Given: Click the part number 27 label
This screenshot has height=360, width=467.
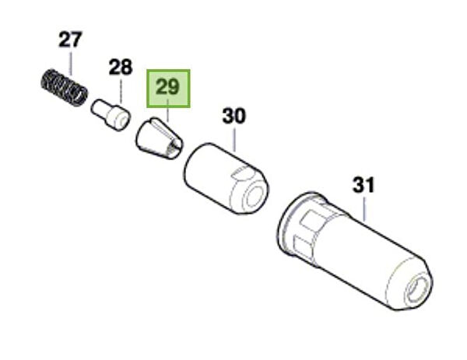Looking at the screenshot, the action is tap(70, 40).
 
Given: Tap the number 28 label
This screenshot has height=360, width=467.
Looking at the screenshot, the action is tap(121, 67).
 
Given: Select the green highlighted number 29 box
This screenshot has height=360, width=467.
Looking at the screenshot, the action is tap(168, 89).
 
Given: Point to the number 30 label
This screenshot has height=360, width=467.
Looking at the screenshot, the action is tap(234, 116).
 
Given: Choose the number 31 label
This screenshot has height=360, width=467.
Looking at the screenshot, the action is tap(363, 185).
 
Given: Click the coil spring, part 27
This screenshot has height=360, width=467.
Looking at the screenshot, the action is tap(65, 87).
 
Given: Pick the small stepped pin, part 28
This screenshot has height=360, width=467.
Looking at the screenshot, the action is tap(111, 115).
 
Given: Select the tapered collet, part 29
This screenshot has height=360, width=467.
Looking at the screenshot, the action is tap(160, 138).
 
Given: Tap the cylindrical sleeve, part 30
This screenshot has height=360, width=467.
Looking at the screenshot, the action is tap(226, 179).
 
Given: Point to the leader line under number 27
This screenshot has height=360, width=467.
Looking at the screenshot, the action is tap(71, 64).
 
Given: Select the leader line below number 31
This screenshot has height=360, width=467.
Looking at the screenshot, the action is tap(364, 209).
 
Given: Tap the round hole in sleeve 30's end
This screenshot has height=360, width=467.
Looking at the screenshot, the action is tap(254, 196).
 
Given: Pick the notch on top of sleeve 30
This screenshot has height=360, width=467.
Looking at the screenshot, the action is tap(241, 173).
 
